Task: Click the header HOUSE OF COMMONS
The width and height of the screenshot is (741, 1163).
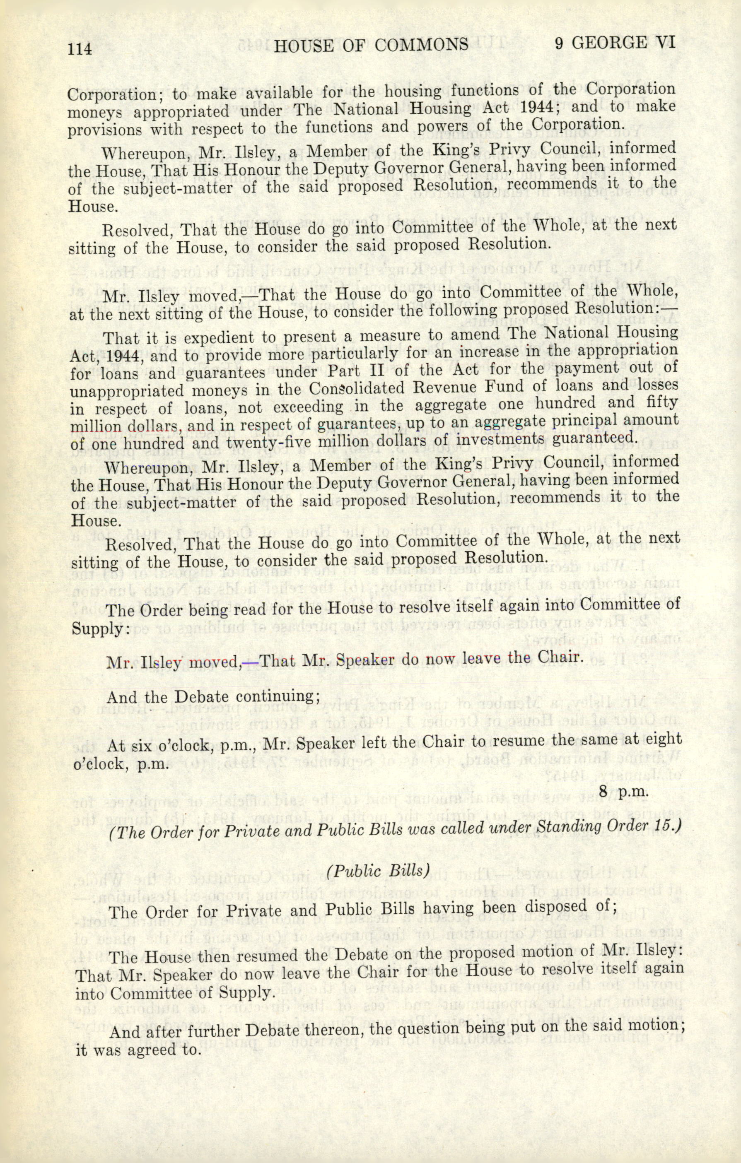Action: click(x=370, y=45)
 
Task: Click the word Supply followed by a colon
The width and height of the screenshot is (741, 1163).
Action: click(x=101, y=629)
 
